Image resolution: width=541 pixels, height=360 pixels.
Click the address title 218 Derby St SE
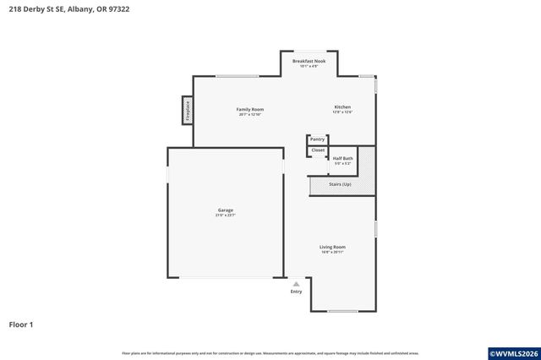coord(70,9)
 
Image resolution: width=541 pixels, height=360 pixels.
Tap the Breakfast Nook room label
coord(309,61)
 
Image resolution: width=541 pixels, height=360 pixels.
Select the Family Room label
coord(249,109)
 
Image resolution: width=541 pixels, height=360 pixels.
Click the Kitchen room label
coord(342,106)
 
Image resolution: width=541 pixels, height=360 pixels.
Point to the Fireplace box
coord(188,111)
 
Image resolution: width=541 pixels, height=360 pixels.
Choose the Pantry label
coord(317,139)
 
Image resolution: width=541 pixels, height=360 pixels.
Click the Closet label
coord(317,150)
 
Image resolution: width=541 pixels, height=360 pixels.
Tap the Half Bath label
coord(342,158)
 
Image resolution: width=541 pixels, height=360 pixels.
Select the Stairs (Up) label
coord(340,183)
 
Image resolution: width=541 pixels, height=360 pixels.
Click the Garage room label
coord(225,210)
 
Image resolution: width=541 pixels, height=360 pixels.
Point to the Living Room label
coord(332,247)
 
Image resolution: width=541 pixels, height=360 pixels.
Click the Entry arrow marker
coord(295,284)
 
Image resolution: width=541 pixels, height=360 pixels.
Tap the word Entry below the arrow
coord(296,292)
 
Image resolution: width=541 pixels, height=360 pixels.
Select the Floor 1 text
coord(22,324)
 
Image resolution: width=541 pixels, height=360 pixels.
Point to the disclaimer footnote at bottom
coord(270,352)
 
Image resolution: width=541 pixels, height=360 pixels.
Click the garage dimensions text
coord(225,215)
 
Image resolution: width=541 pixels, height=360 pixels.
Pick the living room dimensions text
coord(332,253)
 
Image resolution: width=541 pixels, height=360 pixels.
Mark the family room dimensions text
coord(249,115)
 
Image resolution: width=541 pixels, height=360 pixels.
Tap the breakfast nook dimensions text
coord(309,67)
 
